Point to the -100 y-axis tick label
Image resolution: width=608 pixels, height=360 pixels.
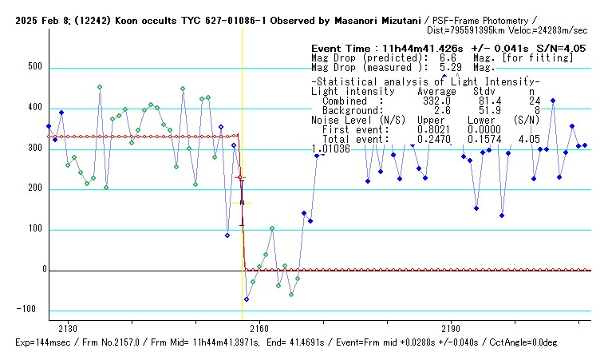point(29,310)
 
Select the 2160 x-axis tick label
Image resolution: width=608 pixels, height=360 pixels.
point(259,329)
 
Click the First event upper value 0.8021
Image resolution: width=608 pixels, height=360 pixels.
point(434,129)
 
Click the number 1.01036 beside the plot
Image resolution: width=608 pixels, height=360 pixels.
point(330,148)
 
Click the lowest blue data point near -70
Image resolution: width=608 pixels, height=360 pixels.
point(247,299)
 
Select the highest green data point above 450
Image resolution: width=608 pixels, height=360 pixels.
point(100,87)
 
